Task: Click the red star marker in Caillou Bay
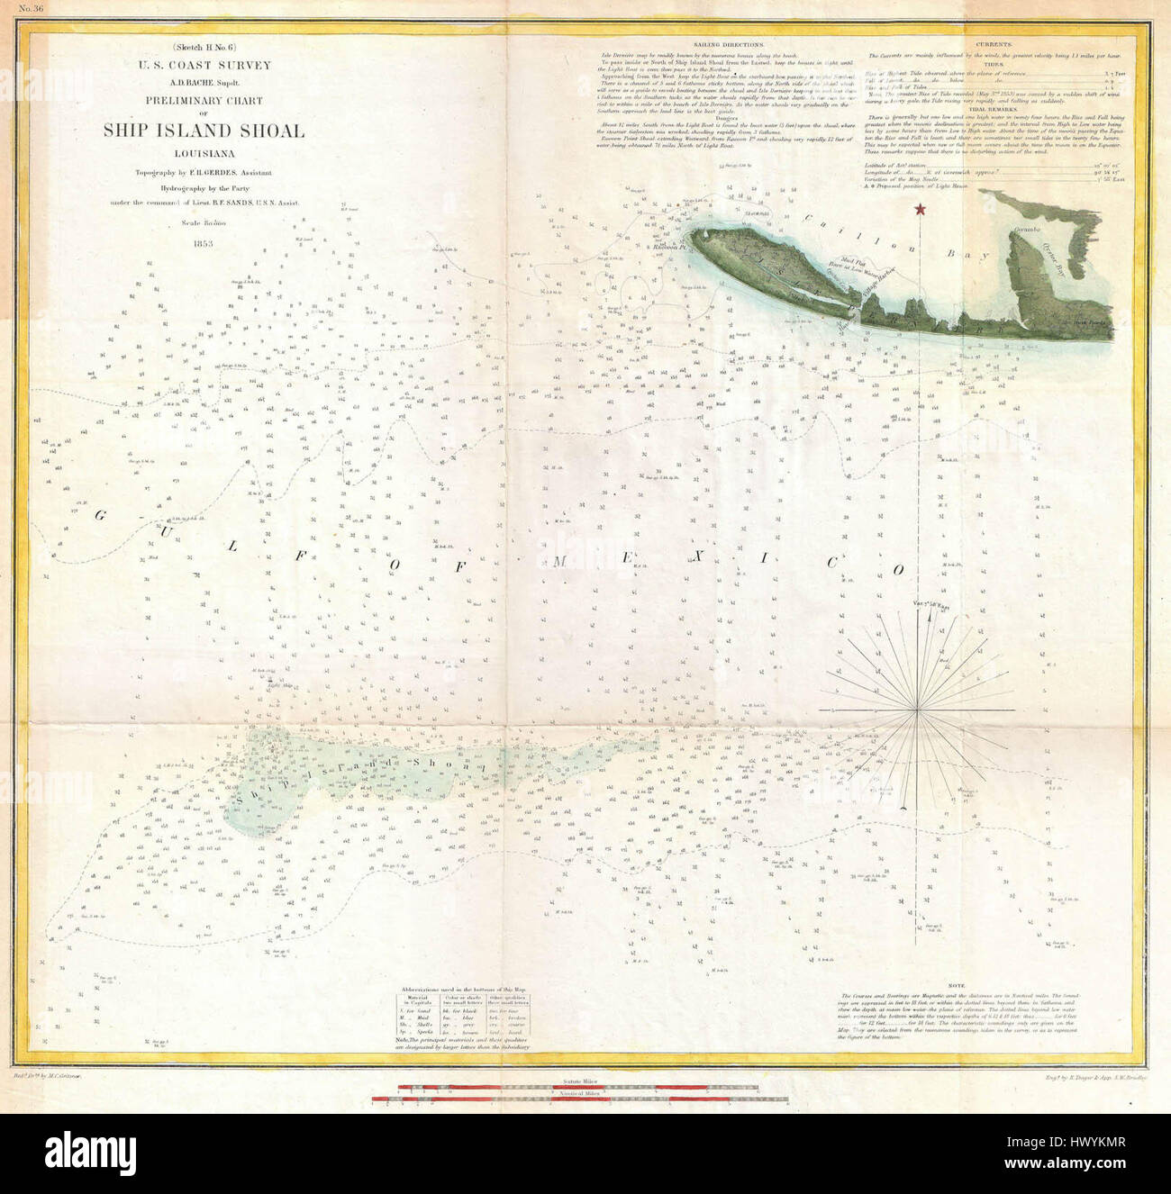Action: click(920, 210)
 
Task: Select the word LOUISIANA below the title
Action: click(204, 153)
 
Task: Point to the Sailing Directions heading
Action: click(730, 45)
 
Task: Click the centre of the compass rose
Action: click(918, 711)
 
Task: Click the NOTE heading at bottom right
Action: click(981, 986)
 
